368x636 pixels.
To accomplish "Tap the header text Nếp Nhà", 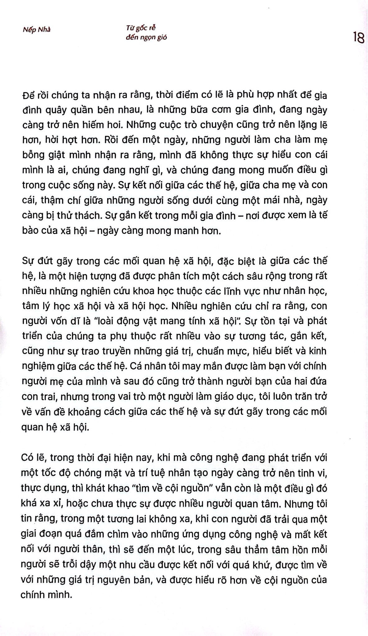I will (36, 30).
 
